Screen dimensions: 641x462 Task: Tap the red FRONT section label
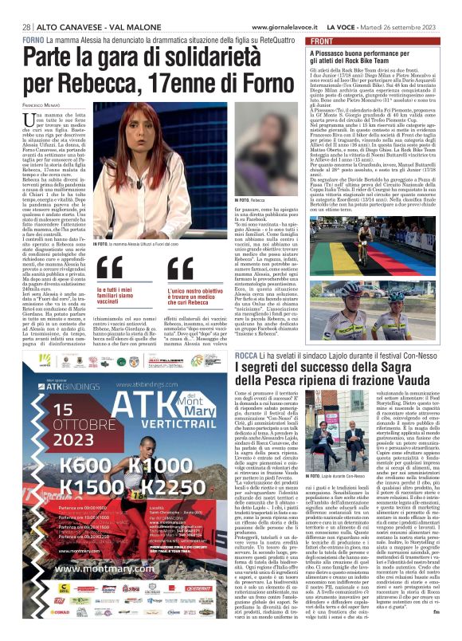321,41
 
